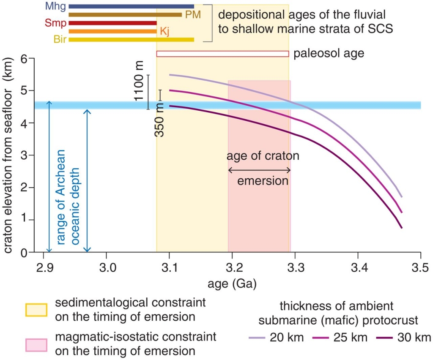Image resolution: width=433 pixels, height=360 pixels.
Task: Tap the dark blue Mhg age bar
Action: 131,6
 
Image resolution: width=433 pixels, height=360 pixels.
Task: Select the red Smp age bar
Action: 112,23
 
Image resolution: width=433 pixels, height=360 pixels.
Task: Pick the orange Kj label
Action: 164,31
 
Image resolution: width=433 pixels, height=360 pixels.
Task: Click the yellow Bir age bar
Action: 131,40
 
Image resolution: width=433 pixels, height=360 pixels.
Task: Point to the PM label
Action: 193,15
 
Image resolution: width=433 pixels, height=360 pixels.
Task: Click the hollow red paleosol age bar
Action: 222,54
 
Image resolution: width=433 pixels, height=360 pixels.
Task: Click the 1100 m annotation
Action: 139,85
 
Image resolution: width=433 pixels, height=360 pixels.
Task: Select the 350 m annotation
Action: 159,120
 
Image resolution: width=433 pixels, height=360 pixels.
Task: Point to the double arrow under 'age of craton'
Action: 259,170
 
